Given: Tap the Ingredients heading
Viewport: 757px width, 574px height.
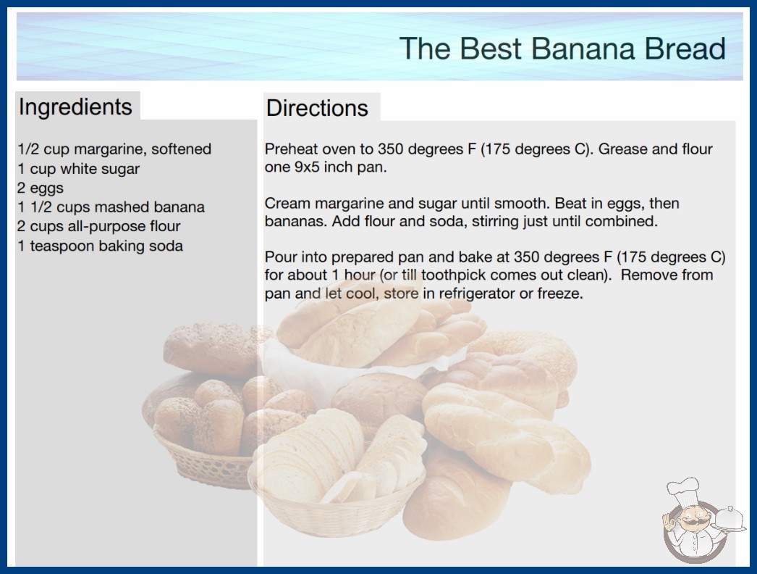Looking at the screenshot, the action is (75, 107).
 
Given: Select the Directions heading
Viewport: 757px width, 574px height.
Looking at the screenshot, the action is (317, 108).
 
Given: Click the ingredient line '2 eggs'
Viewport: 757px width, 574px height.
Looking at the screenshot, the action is (41, 188).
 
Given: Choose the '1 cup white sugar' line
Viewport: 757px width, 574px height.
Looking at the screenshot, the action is (79, 169).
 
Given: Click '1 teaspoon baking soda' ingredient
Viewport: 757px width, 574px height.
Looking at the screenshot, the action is (101, 246).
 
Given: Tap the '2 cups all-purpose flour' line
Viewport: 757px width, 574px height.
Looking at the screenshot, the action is (99, 226).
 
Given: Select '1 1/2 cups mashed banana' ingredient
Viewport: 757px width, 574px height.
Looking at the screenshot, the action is (111, 207).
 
